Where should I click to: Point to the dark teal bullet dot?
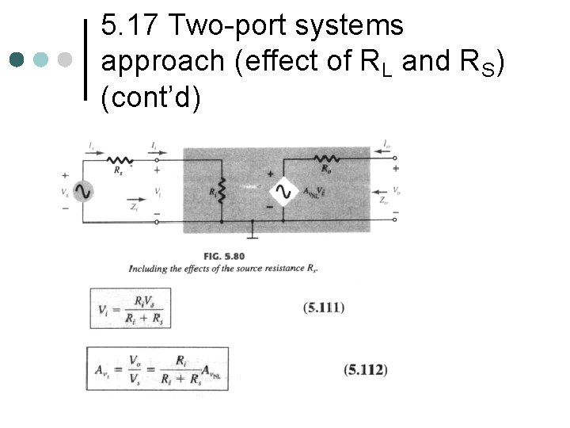(17, 59)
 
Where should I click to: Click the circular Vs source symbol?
(82, 192)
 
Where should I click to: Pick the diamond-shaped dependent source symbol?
(283, 192)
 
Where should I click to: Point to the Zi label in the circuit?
(135, 207)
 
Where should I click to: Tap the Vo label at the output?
(396, 192)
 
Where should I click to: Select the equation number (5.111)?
(324, 308)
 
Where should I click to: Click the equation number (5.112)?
(366, 369)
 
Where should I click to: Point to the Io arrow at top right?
(386, 145)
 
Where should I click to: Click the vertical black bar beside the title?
(85, 59)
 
